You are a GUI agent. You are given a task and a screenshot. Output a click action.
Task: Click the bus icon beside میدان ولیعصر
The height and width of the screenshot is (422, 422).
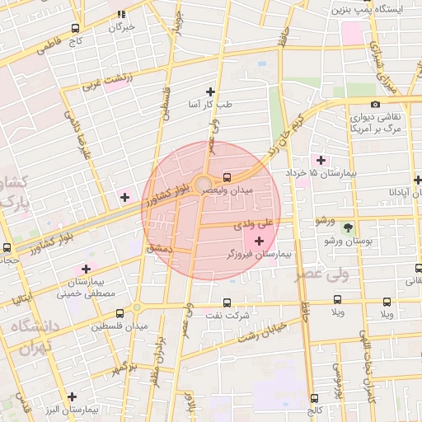click(227, 176)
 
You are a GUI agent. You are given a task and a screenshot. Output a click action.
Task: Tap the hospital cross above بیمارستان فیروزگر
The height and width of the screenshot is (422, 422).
click(260, 241)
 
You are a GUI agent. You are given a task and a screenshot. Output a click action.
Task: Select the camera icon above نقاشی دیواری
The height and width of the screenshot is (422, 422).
click(375, 104)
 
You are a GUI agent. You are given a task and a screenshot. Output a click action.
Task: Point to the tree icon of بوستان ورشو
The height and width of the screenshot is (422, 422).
click(348, 227)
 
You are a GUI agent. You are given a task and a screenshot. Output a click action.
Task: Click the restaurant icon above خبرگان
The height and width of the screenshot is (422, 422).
click(121, 14)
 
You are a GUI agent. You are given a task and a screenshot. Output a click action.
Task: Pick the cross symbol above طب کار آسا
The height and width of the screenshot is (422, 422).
click(210, 91)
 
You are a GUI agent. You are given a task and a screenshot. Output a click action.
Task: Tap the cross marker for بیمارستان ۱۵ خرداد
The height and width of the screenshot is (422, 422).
click(320, 159)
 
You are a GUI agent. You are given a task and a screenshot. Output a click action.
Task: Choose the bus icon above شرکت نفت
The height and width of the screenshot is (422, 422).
click(227, 302)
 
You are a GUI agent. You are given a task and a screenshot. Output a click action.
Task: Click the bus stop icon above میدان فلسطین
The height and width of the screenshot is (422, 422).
click(120, 313)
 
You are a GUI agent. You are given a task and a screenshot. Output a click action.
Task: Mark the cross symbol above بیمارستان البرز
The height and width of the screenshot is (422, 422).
click(73, 396)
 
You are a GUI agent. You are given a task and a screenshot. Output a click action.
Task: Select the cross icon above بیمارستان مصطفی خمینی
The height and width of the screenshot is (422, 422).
click(86, 269)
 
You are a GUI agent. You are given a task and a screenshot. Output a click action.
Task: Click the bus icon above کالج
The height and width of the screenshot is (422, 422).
click(314, 398)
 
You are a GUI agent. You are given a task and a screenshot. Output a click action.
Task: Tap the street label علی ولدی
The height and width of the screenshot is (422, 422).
click(251, 223)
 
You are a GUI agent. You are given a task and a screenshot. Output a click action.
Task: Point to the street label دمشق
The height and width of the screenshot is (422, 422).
click(158, 246)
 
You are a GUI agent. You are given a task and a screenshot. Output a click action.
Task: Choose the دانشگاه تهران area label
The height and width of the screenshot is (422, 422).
click(30, 335)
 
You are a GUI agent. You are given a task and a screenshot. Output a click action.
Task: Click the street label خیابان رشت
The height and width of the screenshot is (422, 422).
click(261, 332)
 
